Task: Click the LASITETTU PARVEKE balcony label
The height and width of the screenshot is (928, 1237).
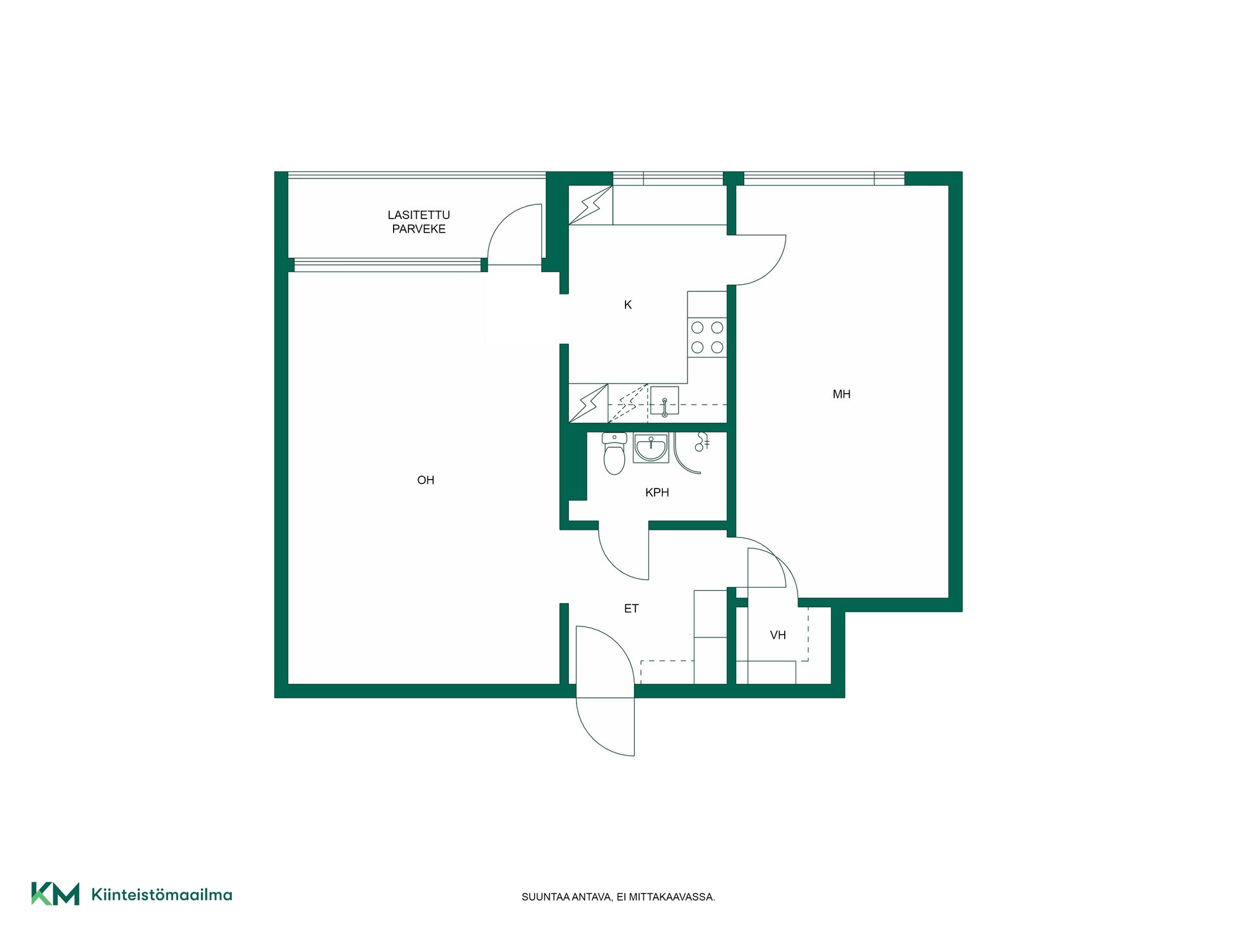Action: coord(419,222)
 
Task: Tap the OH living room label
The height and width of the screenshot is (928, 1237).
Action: coord(426,480)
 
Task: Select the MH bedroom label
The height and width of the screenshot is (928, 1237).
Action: coord(841,394)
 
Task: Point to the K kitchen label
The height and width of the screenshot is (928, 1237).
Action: coord(628,305)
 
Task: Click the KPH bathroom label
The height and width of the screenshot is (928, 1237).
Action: coord(657,492)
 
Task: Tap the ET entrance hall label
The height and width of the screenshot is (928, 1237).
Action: coord(631,608)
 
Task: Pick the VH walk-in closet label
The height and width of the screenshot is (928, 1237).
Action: coord(778,635)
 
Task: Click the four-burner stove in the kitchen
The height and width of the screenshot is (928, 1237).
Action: coord(707,338)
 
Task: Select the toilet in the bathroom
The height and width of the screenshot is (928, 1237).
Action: coord(614,453)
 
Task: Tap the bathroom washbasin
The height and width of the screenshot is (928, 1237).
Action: coord(651,447)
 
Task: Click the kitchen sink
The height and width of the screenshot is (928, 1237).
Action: coord(664,401)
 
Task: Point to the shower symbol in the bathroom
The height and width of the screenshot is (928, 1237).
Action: coord(701,442)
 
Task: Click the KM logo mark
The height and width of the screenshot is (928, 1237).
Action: coord(55,894)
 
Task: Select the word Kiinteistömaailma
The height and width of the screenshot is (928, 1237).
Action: coord(162,894)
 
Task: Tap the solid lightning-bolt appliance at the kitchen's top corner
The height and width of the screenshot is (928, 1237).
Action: coord(590,206)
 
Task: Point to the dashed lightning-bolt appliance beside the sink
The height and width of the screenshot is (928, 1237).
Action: coord(628,403)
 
